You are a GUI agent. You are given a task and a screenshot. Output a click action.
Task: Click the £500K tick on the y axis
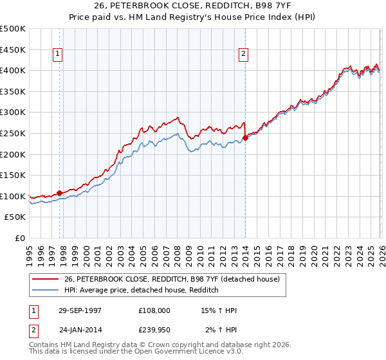13,29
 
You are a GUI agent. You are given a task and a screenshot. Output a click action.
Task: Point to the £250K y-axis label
13,133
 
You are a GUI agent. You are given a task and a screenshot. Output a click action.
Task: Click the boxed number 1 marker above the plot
59,55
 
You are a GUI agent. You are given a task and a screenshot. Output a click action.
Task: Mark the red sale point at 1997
60,193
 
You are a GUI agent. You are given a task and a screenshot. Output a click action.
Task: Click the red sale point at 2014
246,138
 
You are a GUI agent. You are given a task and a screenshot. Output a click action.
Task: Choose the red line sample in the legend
46,279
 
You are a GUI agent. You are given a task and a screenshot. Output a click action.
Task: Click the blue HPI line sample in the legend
46,291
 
